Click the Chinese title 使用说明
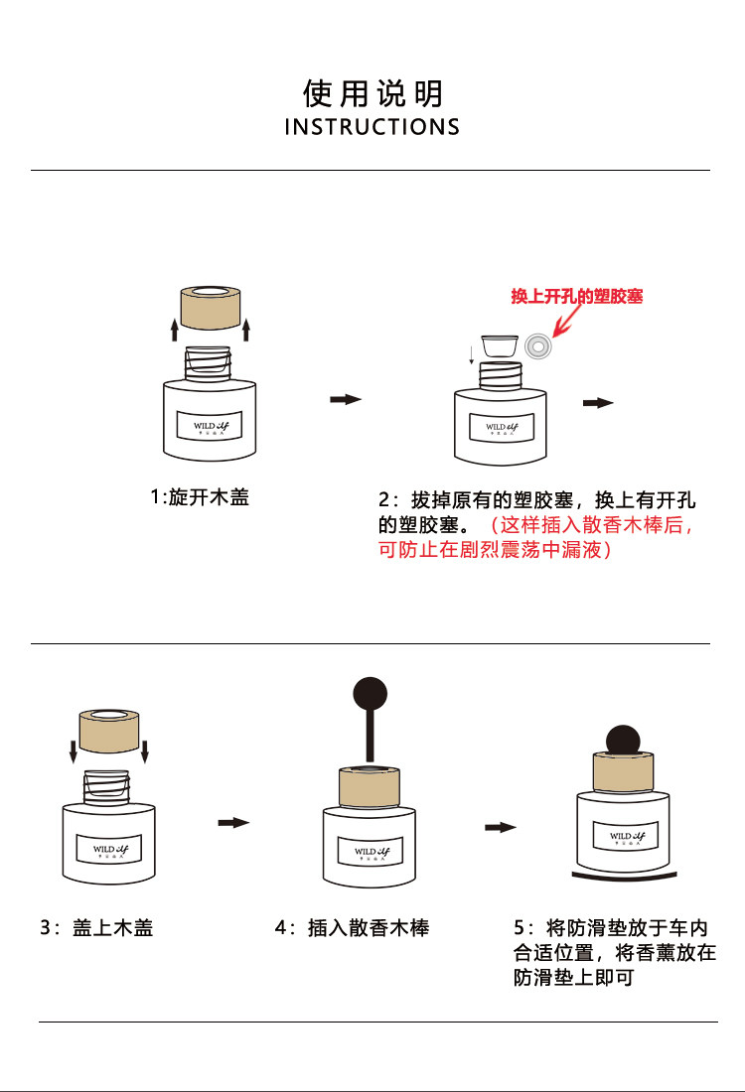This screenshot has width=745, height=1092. tap(372, 93)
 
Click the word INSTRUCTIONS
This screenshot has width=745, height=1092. tap(372, 127)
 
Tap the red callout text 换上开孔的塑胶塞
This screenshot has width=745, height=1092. tap(576, 297)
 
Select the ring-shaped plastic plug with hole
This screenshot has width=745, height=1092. tap(539, 346)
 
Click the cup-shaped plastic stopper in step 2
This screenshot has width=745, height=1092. tap(499, 346)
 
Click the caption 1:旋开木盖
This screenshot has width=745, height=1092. tap(200, 497)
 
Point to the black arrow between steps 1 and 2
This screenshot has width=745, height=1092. tap(345, 399)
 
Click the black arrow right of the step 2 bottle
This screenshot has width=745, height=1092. tap(598, 403)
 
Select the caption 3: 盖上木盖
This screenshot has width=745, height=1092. tap(96, 929)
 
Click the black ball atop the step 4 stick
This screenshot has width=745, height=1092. tap(370, 690)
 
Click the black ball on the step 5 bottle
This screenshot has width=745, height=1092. tap(623, 740)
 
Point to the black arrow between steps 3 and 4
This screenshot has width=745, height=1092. tap(233, 822)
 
